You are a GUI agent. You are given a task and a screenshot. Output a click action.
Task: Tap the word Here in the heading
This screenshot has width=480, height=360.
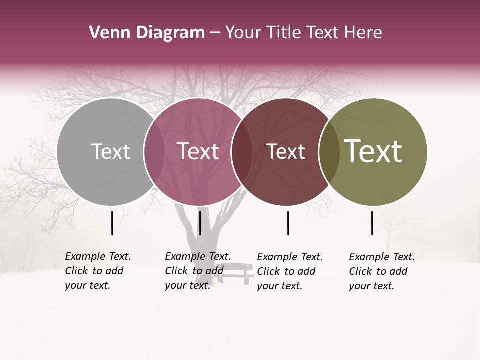click(363, 33)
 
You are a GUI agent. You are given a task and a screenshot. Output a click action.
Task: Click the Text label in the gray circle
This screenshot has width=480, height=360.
click(110, 151)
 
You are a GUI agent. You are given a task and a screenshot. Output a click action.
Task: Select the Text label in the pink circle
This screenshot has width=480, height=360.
click(198, 151)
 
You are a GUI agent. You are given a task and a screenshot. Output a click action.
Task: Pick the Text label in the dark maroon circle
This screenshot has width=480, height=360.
click(285, 151)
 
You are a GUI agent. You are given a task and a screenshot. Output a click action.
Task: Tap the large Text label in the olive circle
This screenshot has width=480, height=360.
click(373, 151)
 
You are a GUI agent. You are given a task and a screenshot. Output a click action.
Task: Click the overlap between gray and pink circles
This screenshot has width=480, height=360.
click(154, 152)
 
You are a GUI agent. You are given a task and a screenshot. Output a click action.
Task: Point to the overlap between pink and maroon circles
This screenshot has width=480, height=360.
click(242, 152)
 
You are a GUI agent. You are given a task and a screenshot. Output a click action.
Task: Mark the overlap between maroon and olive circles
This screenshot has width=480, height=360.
click(329, 152)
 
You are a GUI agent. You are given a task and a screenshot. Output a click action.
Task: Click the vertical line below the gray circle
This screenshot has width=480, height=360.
click(112, 223)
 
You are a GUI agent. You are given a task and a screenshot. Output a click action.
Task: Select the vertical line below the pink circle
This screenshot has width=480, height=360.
click(200, 223)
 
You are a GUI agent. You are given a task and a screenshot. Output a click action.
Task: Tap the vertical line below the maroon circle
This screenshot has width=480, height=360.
click(288, 223)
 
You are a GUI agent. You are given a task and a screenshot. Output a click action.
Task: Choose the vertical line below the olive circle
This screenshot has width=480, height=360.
click(372, 223)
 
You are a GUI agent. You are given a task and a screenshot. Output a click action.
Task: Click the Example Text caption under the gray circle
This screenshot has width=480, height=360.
click(98, 271)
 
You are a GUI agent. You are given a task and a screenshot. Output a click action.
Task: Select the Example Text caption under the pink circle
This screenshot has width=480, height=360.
click(198, 271)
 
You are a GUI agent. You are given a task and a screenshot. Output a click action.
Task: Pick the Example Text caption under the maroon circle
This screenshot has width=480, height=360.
click(290, 271)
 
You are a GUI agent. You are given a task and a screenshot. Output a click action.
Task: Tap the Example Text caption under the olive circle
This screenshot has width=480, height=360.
click(382, 271)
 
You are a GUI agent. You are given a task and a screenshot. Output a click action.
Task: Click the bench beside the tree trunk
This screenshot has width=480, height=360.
click(235, 274)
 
